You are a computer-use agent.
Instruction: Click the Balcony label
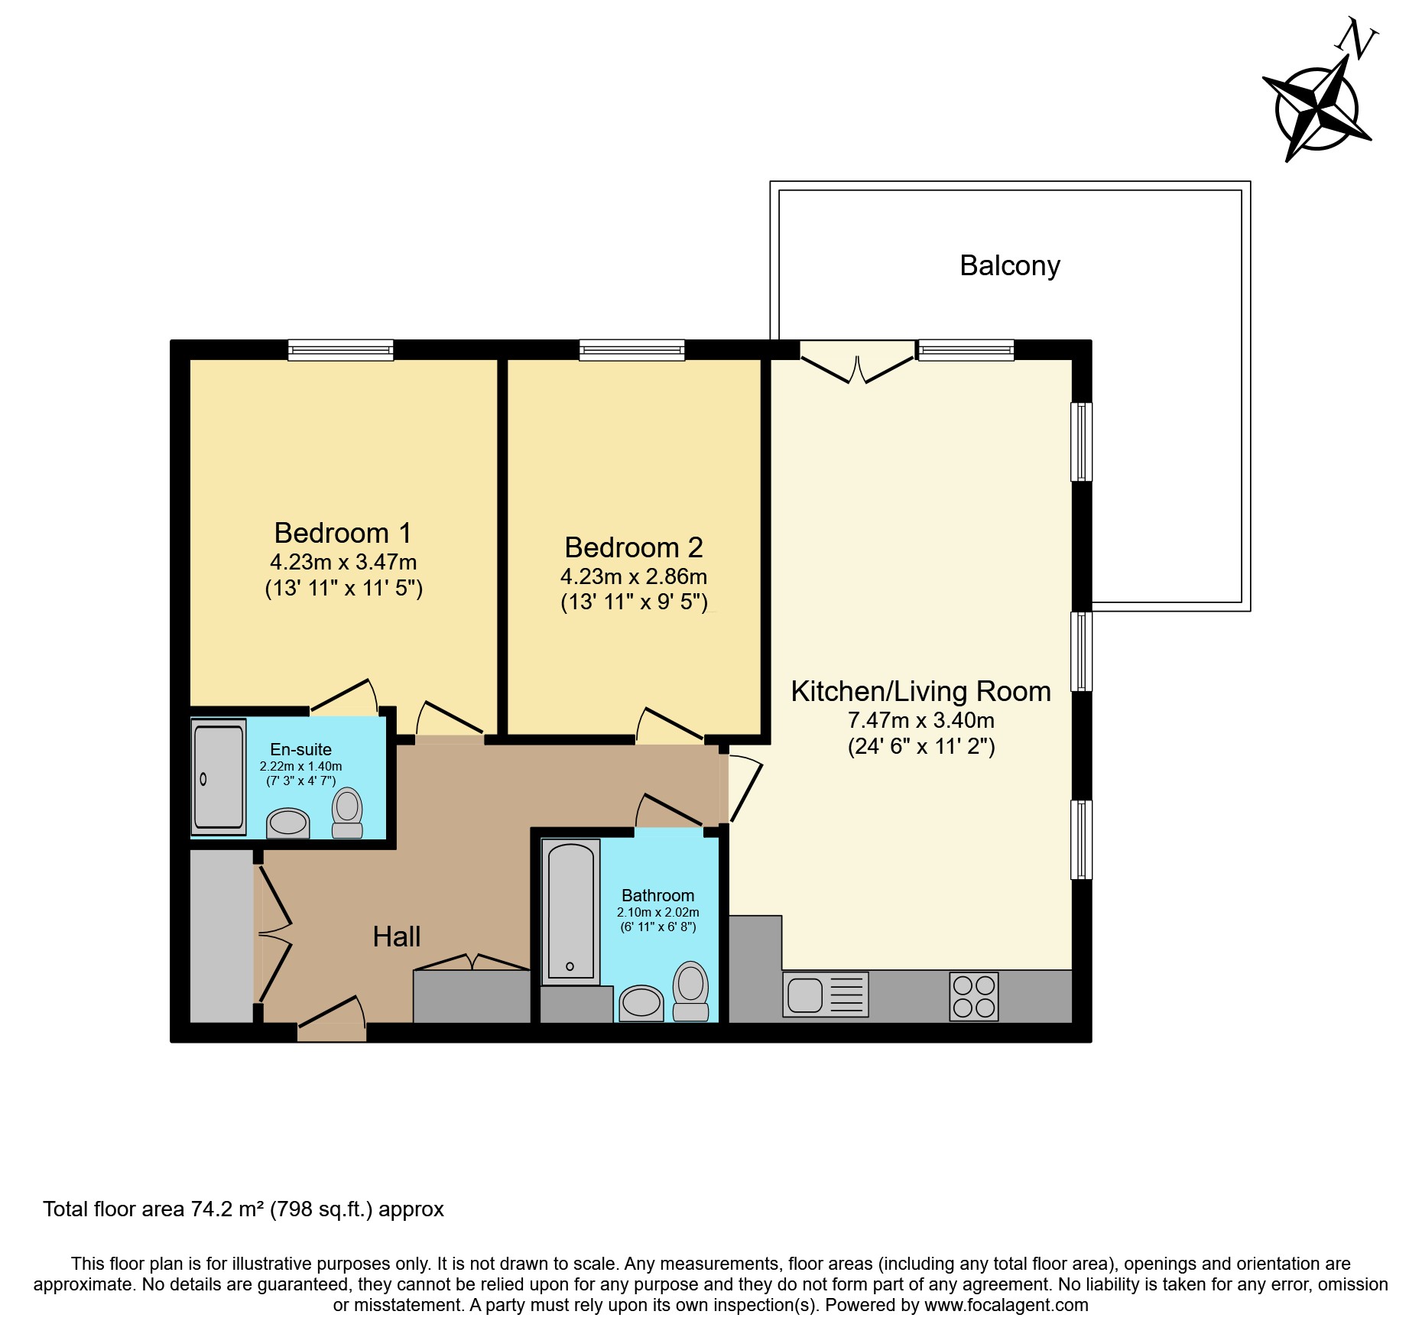(x=1009, y=266)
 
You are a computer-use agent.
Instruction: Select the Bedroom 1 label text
(x=343, y=533)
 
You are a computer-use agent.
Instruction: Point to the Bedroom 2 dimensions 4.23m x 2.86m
(x=633, y=576)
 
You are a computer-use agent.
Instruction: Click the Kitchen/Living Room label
(x=920, y=691)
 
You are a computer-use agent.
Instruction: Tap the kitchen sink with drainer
(x=825, y=995)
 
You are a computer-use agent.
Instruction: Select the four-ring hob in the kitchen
(x=973, y=996)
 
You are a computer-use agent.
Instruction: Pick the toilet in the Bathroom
(x=690, y=992)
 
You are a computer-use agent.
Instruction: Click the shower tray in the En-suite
(x=219, y=777)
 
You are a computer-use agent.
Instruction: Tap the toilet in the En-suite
(x=347, y=813)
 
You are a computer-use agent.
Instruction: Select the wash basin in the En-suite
(x=287, y=823)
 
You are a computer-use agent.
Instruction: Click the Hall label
(x=396, y=936)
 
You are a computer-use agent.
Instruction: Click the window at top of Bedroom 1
(x=340, y=350)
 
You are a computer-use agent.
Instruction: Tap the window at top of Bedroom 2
(x=631, y=350)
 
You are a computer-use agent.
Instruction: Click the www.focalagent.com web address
(x=1006, y=1305)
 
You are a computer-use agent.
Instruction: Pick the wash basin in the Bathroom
(x=641, y=1002)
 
